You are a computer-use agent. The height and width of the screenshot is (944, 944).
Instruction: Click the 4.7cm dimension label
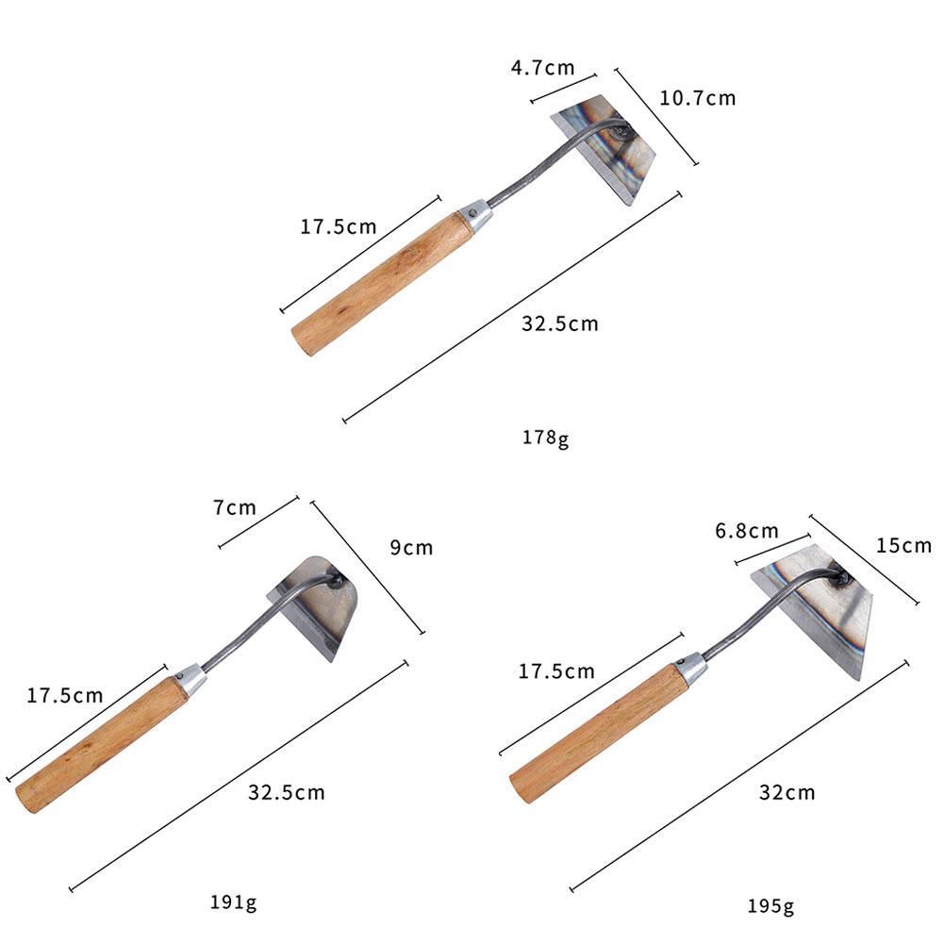pyautogui.click(x=541, y=68)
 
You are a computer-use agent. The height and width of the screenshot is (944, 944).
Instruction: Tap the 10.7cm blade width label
pyautogui.click(x=697, y=97)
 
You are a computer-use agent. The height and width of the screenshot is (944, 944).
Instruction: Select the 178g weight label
pyautogui.click(x=546, y=439)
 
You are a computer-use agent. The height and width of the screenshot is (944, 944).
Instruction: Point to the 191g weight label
pyautogui.click(x=233, y=902)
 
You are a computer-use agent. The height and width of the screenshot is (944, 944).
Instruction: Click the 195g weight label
pyautogui.click(x=770, y=906)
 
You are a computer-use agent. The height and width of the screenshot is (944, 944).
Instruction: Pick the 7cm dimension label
pyautogui.click(x=234, y=507)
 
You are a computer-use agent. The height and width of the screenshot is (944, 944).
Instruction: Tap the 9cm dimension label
pyautogui.click(x=411, y=547)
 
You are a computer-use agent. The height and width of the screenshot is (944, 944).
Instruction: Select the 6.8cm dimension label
pyautogui.click(x=747, y=530)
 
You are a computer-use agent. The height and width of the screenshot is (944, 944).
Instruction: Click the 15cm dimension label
pyautogui.click(x=903, y=545)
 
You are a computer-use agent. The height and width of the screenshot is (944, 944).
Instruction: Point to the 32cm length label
pyautogui.click(x=787, y=792)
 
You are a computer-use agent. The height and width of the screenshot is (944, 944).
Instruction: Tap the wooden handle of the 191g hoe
pyautogui.click(x=102, y=744)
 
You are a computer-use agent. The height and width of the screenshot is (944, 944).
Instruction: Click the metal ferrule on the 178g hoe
pyautogui.click(x=476, y=214)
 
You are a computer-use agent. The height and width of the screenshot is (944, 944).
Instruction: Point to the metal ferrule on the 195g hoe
pyautogui.click(x=691, y=667)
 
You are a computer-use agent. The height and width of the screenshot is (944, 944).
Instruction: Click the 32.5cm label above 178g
pyautogui.click(x=560, y=323)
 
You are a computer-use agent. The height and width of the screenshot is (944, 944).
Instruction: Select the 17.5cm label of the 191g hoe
pyautogui.click(x=65, y=696)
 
